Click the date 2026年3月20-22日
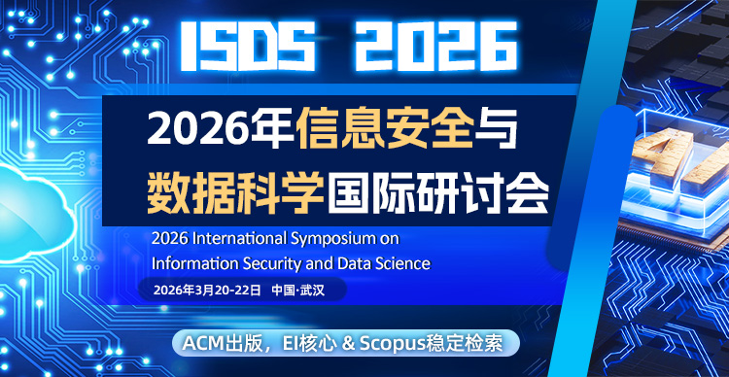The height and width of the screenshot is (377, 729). pyautogui.click(x=199, y=291)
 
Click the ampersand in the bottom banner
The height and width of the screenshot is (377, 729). pyautogui.click(x=339, y=343)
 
